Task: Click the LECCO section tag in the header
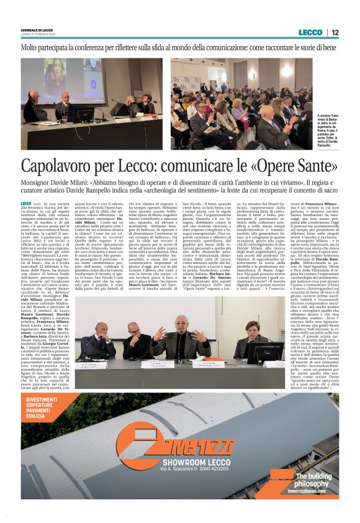[x=310, y=33]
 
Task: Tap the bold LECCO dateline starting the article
[x=25, y=204]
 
